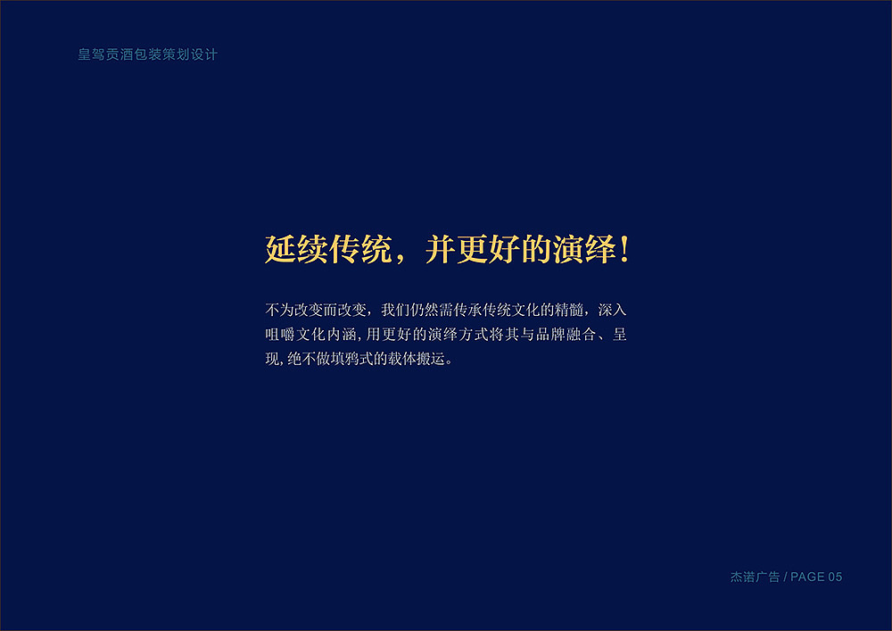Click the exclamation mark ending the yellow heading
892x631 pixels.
624,249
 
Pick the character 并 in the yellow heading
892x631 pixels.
441,249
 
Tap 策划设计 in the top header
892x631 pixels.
190,54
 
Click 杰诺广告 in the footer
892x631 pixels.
755,577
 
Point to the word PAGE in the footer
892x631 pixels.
807,577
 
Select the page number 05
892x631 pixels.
835,577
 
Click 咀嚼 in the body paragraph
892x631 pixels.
279,336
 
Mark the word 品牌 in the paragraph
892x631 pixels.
546,336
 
